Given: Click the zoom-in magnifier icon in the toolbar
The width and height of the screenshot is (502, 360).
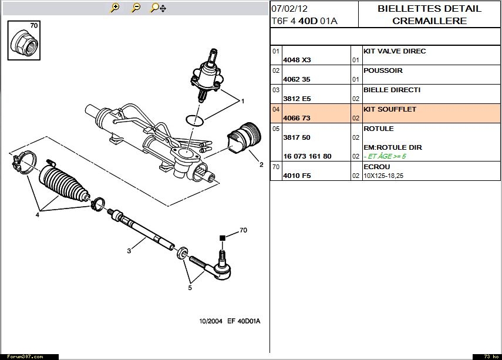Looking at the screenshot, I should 115,8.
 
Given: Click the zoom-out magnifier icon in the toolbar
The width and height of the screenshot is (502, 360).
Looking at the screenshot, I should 136,8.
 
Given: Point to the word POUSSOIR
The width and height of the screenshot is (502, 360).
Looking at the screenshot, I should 383,70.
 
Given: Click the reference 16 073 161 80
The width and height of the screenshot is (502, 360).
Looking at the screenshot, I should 307,157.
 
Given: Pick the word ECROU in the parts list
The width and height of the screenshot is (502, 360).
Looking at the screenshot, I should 376,166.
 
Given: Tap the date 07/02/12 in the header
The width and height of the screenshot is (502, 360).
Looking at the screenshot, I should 289,9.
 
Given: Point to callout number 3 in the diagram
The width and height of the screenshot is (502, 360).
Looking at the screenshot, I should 129,251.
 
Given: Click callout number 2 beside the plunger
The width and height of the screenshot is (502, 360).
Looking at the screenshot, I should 261,165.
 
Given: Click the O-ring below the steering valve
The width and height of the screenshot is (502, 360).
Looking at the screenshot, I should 195,120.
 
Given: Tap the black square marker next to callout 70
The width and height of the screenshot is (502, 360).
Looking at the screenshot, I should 223,238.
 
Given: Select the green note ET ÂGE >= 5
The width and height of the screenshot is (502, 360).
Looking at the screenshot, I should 385,157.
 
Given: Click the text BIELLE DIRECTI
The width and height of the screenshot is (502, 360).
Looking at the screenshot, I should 392,90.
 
